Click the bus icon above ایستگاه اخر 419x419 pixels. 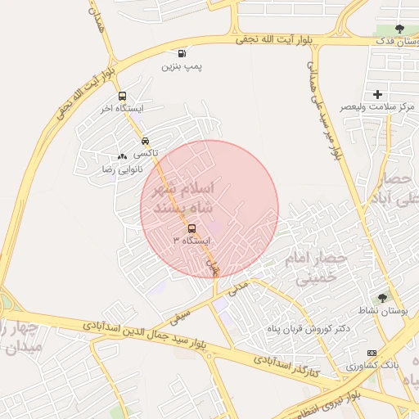tap(122, 96)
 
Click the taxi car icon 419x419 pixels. tap(145, 141)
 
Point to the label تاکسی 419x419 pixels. tap(145, 153)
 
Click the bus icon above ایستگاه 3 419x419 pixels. tap(192, 228)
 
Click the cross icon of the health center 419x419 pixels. tap(377, 95)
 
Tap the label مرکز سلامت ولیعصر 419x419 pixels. tap(377, 107)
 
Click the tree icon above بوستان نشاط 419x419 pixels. tap(383, 298)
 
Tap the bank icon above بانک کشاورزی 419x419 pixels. tap(372, 353)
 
